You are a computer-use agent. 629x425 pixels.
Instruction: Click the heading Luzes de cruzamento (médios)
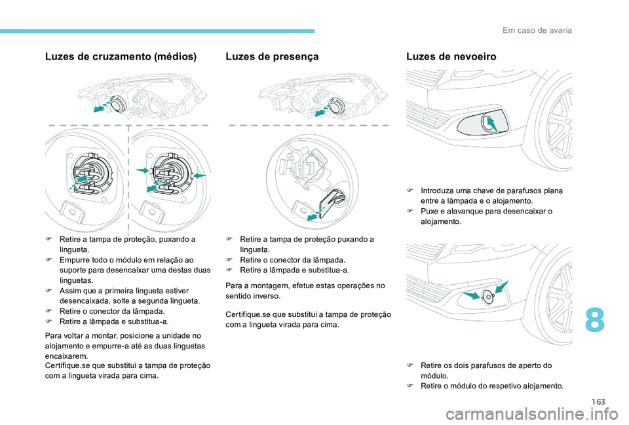pyautogui.click(x=121, y=57)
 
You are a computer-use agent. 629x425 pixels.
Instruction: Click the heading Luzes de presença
pyautogui.click(x=271, y=57)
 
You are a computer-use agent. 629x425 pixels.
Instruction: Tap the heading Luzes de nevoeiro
pyautogui.click(x=451, y=57)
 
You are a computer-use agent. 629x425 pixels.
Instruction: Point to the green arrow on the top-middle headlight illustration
pyautogui.click(x=321, y=112)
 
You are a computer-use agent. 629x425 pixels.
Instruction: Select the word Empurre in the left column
pyautogui.click(x=75, y=260)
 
